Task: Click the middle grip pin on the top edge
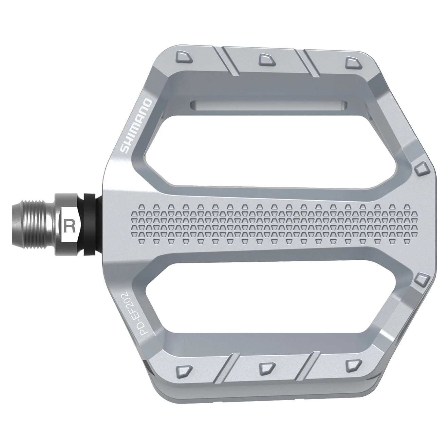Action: [x=264, y=59]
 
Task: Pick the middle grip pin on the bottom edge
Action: [x=264, y=367]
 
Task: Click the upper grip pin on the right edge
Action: [x=422, y=168]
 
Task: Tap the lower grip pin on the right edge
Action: [x=422, y=280]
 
